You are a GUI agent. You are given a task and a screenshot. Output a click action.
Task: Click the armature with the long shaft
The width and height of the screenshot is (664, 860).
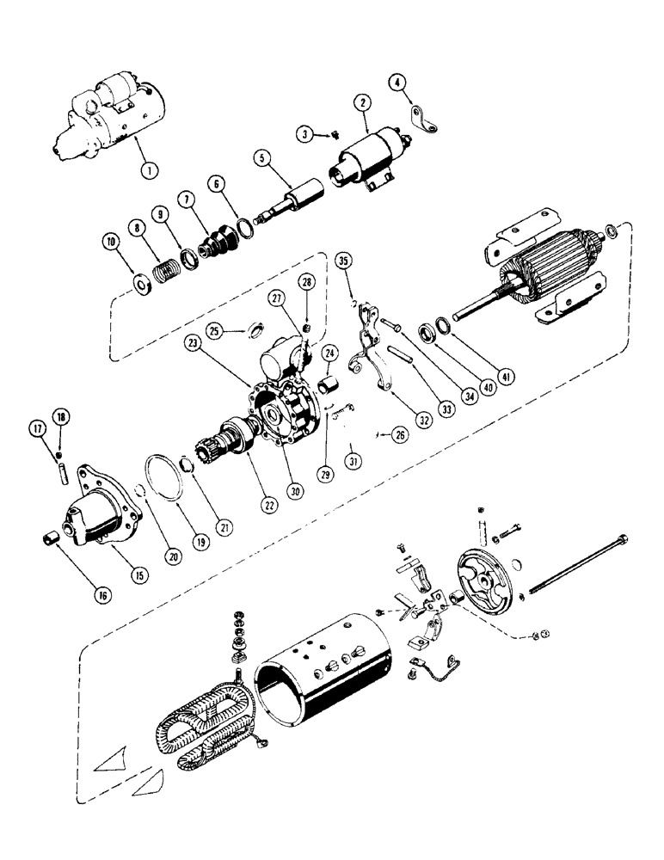tap(533, 275)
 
